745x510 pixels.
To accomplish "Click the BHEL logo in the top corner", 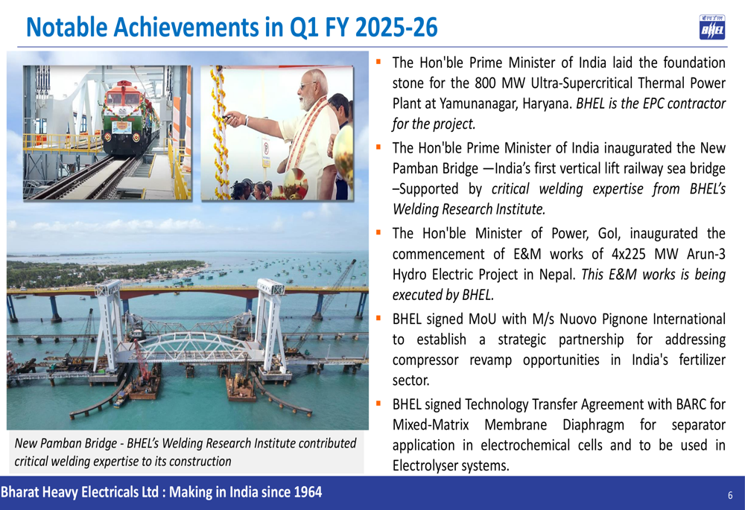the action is click(x=711, y=27).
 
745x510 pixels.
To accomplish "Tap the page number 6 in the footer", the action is click(x=730, y=495).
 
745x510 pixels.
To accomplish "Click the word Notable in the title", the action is click(x=66, y=27).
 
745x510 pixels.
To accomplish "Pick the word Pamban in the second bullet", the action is click(x=414, y=168).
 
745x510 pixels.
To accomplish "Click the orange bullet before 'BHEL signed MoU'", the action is click(x=378, y=318).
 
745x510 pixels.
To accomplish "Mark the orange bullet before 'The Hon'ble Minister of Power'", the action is click(x=378, y=232).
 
